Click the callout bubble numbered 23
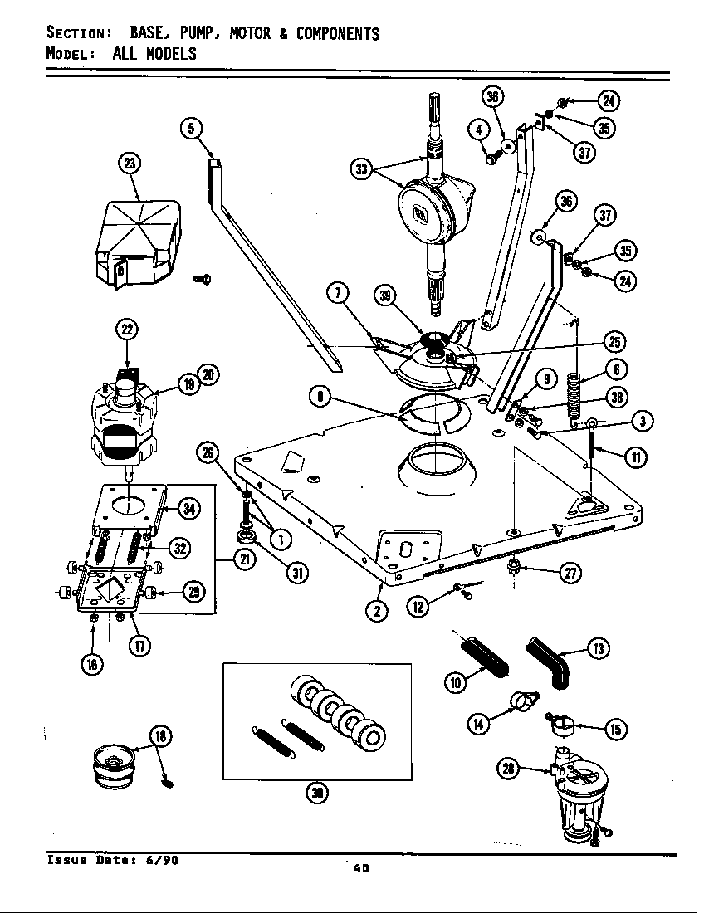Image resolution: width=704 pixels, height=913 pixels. pyautogui.click(x=130, y=164)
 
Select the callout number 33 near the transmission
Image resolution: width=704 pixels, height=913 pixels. pyautogui.click(x=361, y=169)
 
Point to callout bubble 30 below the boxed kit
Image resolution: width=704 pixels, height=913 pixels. pyautogui.click(x=316, y=793)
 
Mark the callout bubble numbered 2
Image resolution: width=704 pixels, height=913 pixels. pyautogui.click(x=379, y=610)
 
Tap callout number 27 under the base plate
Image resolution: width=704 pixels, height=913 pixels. pyautogui.click(x=570, y=572)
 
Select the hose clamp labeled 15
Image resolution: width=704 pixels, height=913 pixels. pyautogui.click(x=565, y=728)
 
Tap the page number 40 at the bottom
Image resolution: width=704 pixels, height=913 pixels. pyautogui.click(x=359, y=868)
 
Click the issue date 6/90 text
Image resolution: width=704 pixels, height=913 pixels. pyautogui.click(x=163, y=859)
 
